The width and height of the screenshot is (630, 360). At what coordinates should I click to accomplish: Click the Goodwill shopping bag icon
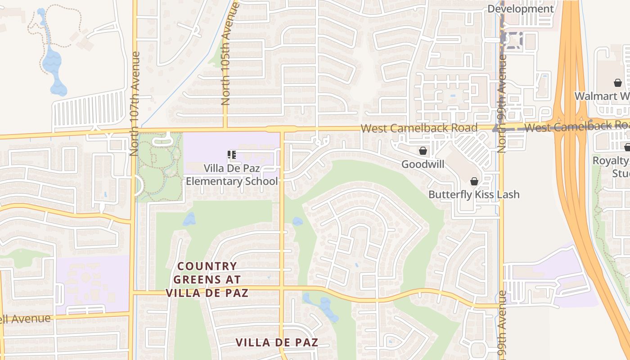pyautogui.click(x=423, y=151)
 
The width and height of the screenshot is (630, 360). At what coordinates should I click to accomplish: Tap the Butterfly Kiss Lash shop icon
pyautogui.click(x=474, y=181)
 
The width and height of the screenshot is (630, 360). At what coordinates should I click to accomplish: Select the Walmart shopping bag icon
pyautogui.click(x=618, y=83)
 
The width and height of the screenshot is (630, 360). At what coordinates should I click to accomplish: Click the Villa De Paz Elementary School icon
pyautogui.click(x=232, y=155)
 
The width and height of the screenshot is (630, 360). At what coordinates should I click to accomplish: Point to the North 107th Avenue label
pyautogui.click(x=135, y=103)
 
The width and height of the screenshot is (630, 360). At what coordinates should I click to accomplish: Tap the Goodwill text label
pyautogui.click(x=423, y=164)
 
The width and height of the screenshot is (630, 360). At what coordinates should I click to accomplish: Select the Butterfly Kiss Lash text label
pyautogui.click(x=474, y=194)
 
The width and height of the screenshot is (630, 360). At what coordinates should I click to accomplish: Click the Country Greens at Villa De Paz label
pyautogui.click(x=207, y=279)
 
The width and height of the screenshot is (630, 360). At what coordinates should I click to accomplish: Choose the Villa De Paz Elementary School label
pyautogui.click(x=232, y=175)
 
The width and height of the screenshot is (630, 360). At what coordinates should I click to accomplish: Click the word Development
pyautogui.click(x=520, y=9)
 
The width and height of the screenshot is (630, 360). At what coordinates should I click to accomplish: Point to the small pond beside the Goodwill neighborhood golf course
pyautogui.click(x=297, y=221)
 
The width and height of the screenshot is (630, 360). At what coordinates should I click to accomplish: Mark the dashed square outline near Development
pyautogui.click(x=513, y=40)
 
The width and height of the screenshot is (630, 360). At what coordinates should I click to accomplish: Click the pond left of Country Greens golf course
pyautogui.click(x=189, y=219)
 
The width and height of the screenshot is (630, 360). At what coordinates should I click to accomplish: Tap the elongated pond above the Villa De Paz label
pyautogui.click(x=322, y=306)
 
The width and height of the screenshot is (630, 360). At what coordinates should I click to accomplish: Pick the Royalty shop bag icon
pyautogui.click(x=627, y=147)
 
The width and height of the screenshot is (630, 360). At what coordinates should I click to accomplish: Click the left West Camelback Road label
pyautogui.click(x=419, y=128)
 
